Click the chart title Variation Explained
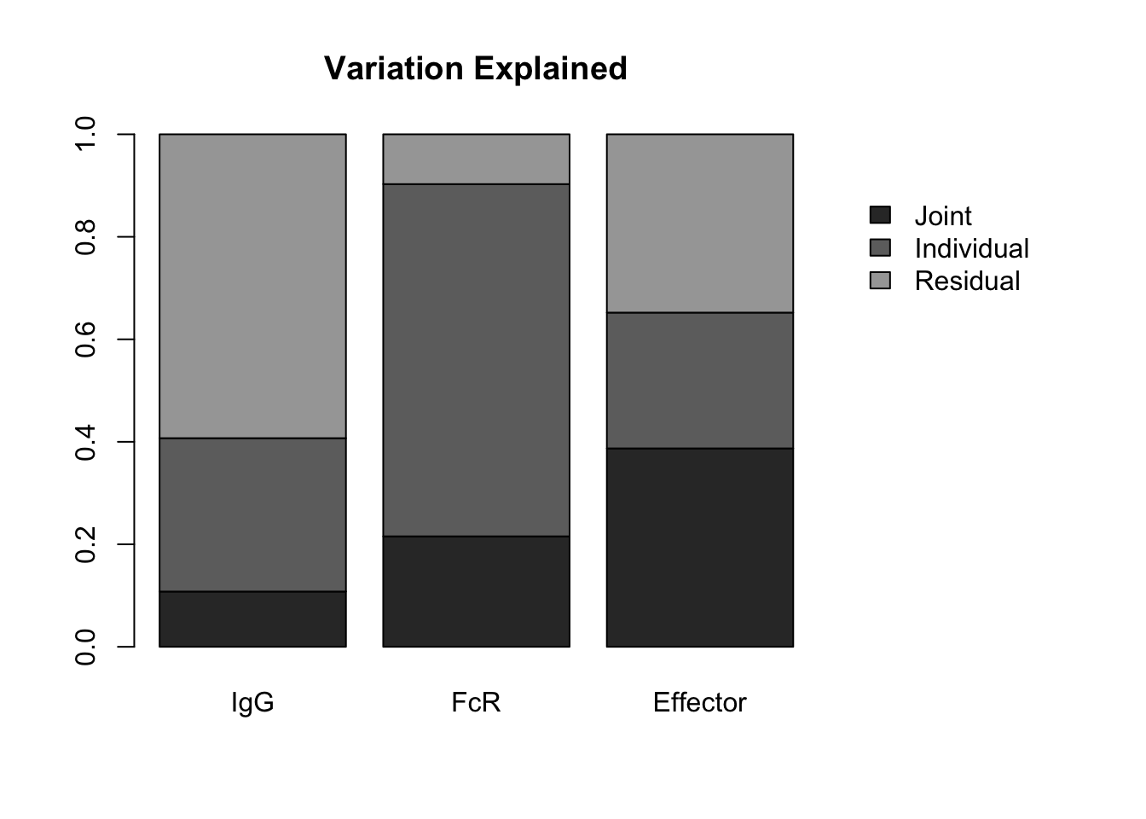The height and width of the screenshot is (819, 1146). tap(475, 68)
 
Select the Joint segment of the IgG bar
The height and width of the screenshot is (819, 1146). tap(252, 619)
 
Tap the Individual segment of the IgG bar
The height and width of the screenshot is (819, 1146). tap(252, 514)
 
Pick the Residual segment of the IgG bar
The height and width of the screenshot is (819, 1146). tap(252, 286)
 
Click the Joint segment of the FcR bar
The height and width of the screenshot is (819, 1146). tap(477, 591)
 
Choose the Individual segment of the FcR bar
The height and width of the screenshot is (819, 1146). tap(477, 360)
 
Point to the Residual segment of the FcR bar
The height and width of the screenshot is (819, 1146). tap(477, 159)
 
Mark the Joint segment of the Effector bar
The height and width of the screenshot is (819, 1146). tap(700, 547)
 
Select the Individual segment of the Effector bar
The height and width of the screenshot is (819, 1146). tap(700, 380)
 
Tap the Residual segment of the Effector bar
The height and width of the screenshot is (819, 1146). tap(700, 224)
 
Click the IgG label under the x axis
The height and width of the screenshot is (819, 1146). tap(252, 703)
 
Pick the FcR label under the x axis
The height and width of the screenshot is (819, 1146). tap(476, 702)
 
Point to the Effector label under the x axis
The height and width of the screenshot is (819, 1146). tap(700, 702)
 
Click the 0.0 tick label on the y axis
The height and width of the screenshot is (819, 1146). tap(85, 647)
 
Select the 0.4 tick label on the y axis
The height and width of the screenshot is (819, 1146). tap(85, 442)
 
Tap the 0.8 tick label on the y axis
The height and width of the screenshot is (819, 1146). tap(85, 237)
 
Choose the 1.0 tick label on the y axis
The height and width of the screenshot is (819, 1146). tap(85, 134)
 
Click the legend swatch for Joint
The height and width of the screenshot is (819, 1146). tap(880, 215)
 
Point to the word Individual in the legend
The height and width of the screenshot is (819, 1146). tap(971, 249)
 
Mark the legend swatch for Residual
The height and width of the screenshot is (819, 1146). tap(880, 281)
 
